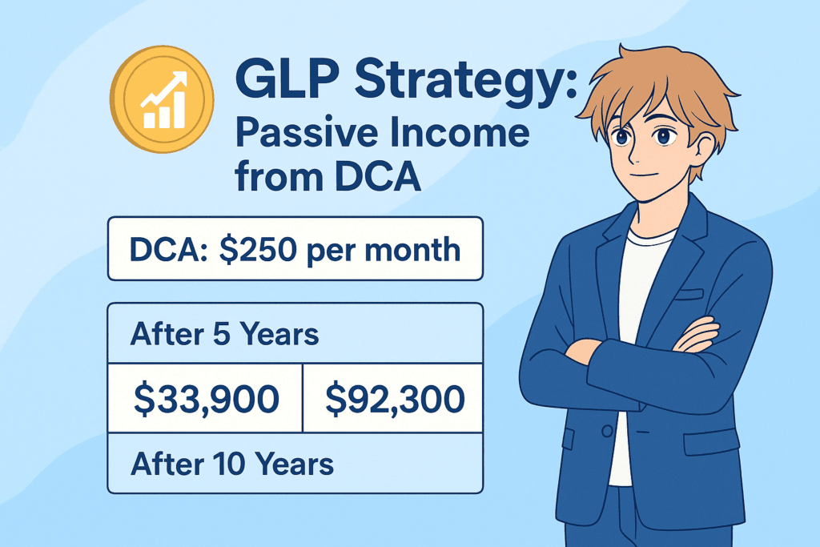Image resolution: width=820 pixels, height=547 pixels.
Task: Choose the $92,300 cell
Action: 392,397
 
